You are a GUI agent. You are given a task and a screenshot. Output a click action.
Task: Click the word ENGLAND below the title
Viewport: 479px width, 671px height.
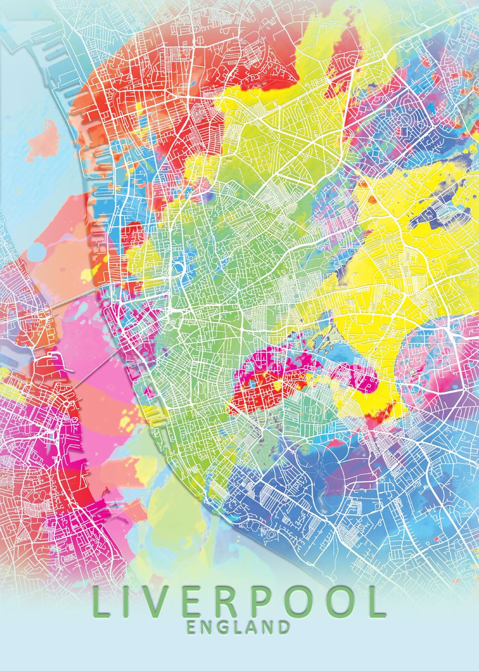(239, 627)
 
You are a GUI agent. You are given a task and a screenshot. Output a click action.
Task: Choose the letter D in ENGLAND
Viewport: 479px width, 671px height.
(283, 627)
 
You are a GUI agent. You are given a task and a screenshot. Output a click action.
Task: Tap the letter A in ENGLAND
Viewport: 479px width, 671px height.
(253, 627)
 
